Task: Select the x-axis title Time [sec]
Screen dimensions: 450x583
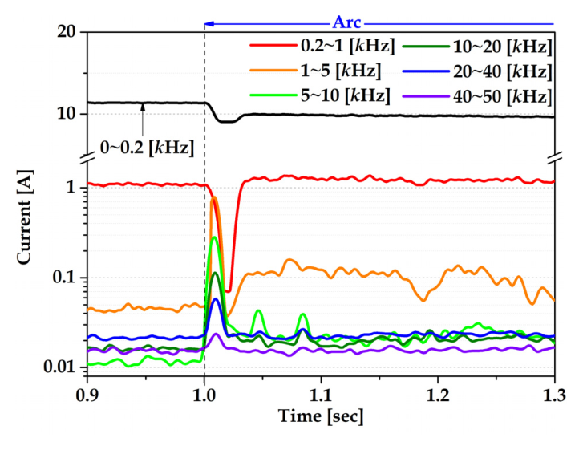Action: coord(320,416)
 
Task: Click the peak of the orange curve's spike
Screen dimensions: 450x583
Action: coord(214,197)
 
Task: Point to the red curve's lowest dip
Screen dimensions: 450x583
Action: coord(229,290)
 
